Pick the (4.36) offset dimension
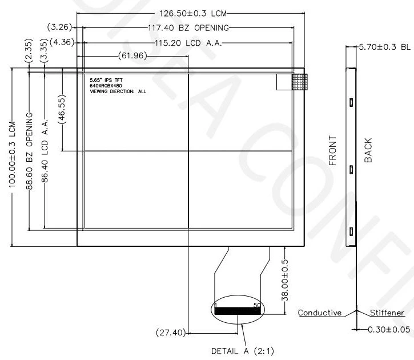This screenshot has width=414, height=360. [60, 42]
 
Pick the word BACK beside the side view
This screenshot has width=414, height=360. [368, 150]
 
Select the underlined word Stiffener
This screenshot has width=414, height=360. [387, 313]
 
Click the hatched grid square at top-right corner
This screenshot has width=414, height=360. [299, 82]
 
